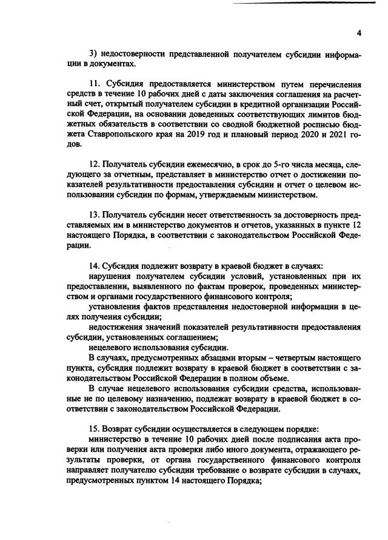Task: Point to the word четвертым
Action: (x=284, y=357)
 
